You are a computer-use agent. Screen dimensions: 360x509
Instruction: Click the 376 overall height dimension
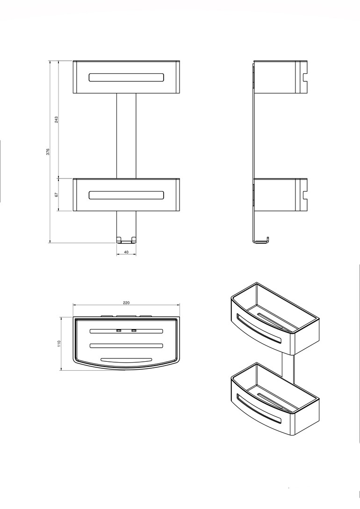pyautogui.click(x=48, y=151)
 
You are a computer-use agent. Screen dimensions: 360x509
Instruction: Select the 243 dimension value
pyautogui.click(x=56, y=120)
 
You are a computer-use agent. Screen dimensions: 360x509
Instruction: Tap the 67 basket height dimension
pyautogui.click(x=56, y=195)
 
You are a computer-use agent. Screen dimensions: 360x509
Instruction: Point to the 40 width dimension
pyautogui.click(x=126, y=252)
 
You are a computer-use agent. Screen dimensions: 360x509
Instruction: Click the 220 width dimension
pyautogui.click(x=126, y=303)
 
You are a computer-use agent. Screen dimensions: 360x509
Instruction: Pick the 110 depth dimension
pyautogui.click(x=59, y=344)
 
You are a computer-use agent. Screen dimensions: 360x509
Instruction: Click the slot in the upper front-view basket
pyautogui.click(x=126, y=77)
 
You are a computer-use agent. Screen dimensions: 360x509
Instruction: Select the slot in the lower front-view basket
pyautogui.click(x=126, y=195)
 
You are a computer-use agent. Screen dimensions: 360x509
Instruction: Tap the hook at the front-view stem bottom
pyautogui.click(x=126, y=240)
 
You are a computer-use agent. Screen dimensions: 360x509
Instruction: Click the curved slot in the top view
pyautogui.click(x=126, y=360)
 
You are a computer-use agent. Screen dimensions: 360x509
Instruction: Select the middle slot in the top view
pyautogui.click(x=126, y=345)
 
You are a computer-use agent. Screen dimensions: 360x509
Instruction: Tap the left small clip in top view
pyautogui.click(x=119, y=331)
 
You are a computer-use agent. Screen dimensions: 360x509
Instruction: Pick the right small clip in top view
pyautogui.click(x=134, y=331)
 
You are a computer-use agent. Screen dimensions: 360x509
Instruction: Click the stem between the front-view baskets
pyautogui.click(x=126, y=136)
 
